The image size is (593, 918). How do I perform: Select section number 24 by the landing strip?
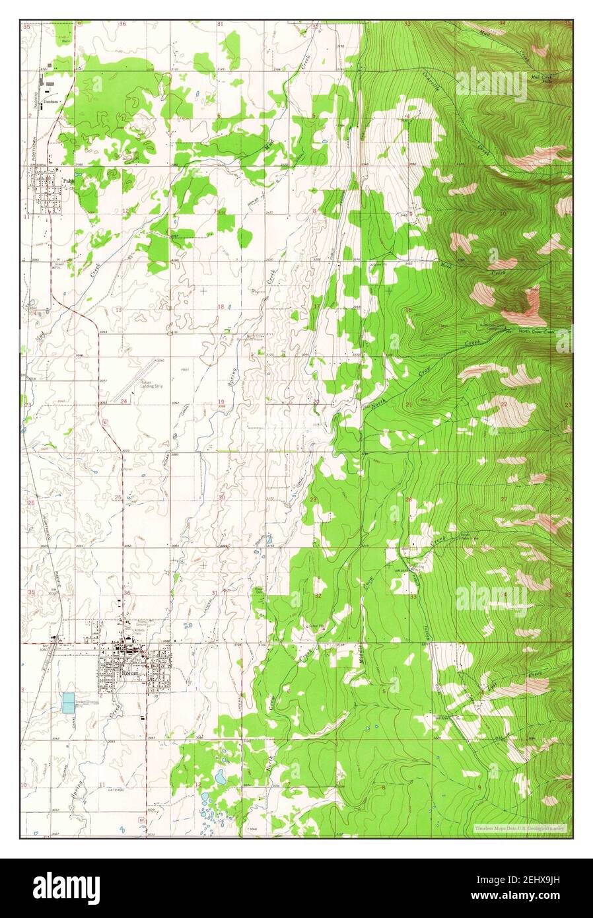123,402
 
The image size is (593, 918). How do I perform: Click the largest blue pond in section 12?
219,778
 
